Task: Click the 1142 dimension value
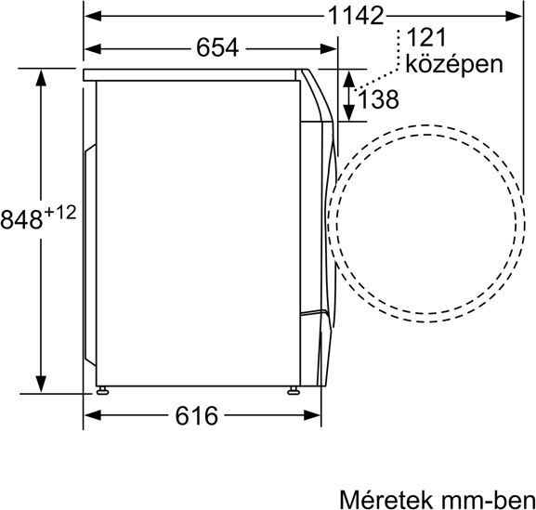(x=356, y=16)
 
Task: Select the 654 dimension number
(x=217, y=47)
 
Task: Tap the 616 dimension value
(x=197, y=415)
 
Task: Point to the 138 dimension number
(x=378, y=99)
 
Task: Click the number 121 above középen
(x=427, y=37)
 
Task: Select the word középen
(x=454, y=64)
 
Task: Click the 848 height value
(x=21, y=219)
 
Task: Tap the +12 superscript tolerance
(x=59, y=213)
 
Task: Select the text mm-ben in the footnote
(x=488, y=500)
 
